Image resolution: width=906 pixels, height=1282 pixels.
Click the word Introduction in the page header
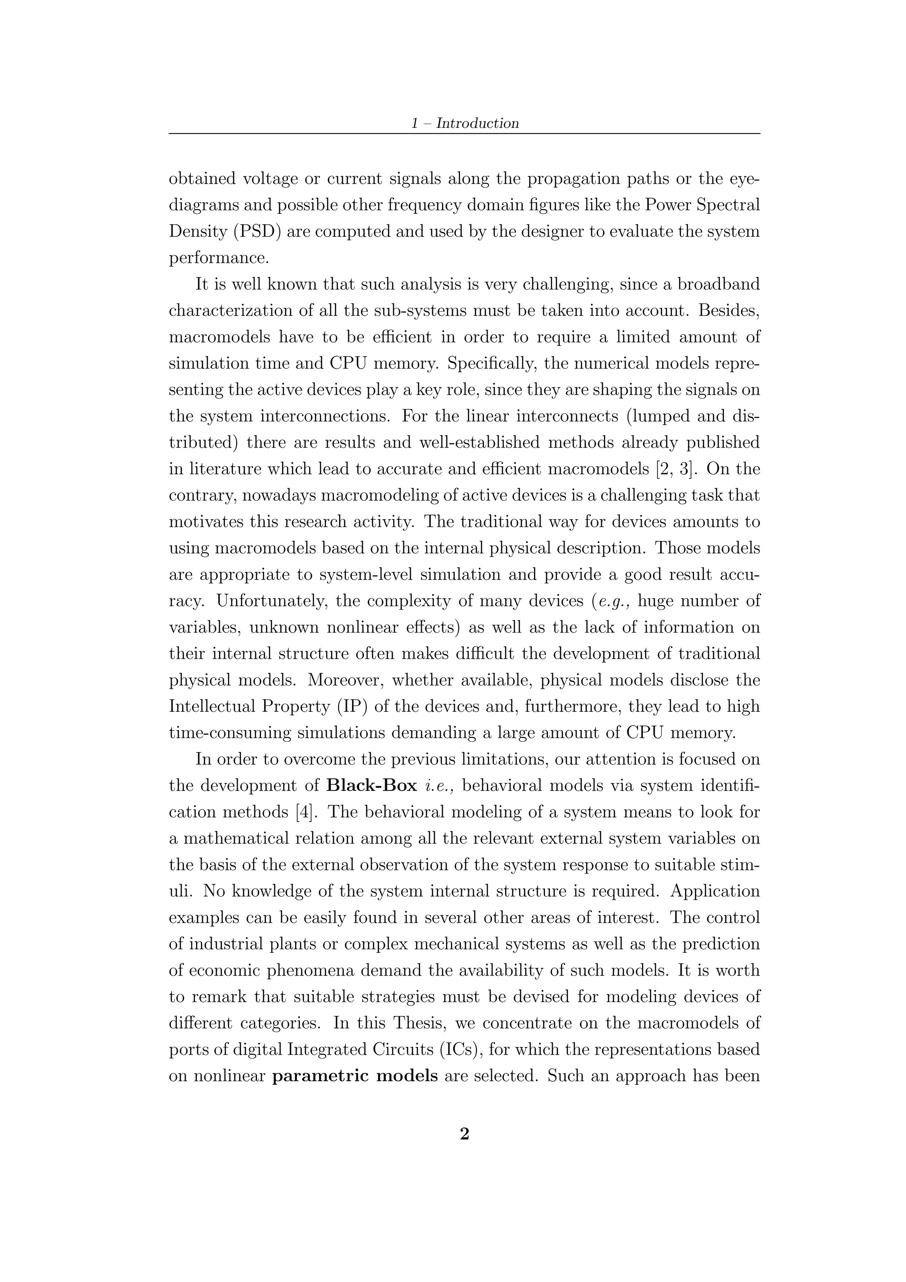477,123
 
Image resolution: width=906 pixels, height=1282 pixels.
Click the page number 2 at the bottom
465,1133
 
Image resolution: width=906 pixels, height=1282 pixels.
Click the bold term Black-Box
372,786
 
